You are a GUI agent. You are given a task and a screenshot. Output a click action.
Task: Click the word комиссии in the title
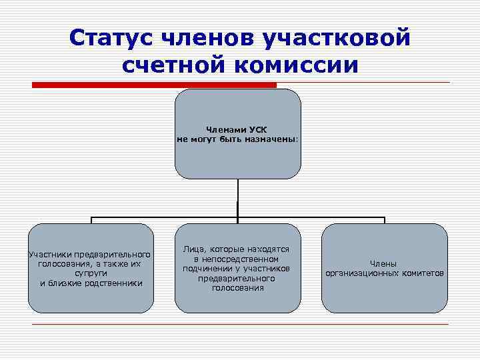(x=299, y=65)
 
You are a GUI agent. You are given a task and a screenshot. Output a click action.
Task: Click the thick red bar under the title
(x=154, y=85)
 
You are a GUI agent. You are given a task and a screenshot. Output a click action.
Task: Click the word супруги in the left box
(x=91, y=273)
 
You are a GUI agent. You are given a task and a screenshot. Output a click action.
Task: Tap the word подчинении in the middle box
(x=206, y=268)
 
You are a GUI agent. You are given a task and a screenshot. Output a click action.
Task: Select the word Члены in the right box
(x=384, y=264)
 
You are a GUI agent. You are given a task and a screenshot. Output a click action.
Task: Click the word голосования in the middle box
(x=238, y=288)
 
